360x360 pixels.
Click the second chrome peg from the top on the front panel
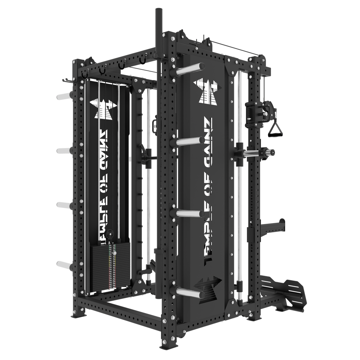[189, 141]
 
